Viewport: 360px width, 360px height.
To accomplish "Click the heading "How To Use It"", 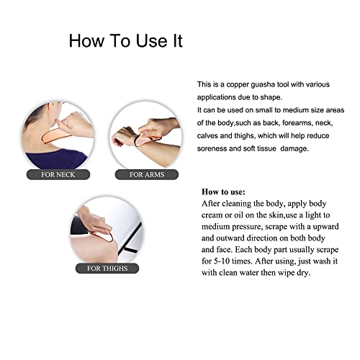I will pos(125,40).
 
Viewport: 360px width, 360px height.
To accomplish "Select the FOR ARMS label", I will pos(147,174).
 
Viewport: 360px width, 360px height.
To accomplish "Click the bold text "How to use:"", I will pos(224,192).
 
